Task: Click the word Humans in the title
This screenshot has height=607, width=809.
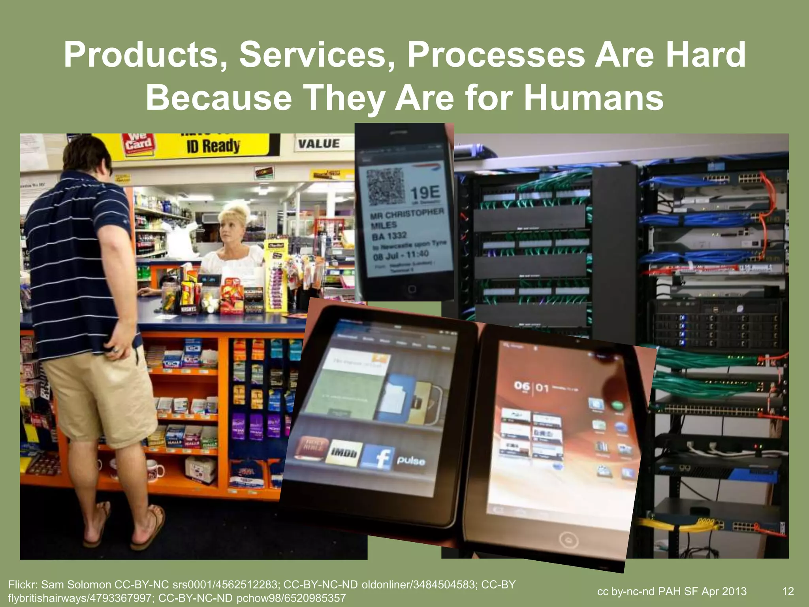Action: pos(593,98)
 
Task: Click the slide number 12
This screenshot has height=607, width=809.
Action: pos(788,591)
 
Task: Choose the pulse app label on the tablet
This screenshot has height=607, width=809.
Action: pos(411,461)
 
